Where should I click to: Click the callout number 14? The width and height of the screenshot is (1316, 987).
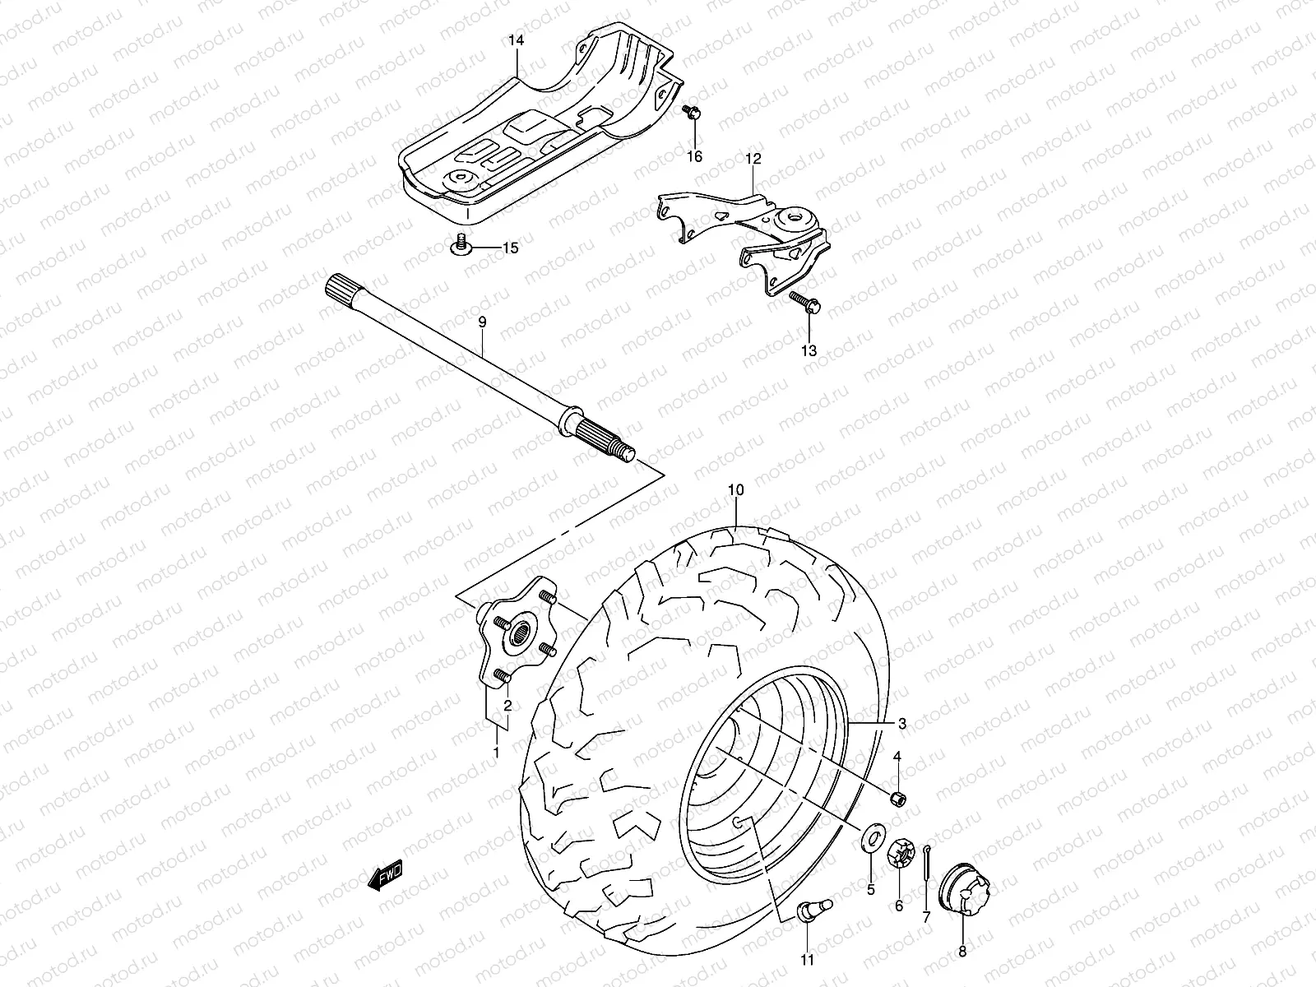pyautogui.click(x=516, y=40)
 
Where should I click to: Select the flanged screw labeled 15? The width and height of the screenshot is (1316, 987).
pyautogui.click(x=461, y=245)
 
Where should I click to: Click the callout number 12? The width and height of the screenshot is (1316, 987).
pyautogui.click(x=753, y=158)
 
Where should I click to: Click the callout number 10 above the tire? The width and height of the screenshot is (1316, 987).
pyautogui.click(x=735, y=489)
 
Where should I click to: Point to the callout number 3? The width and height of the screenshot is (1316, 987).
pyautogui.click(x=901, y=724)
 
